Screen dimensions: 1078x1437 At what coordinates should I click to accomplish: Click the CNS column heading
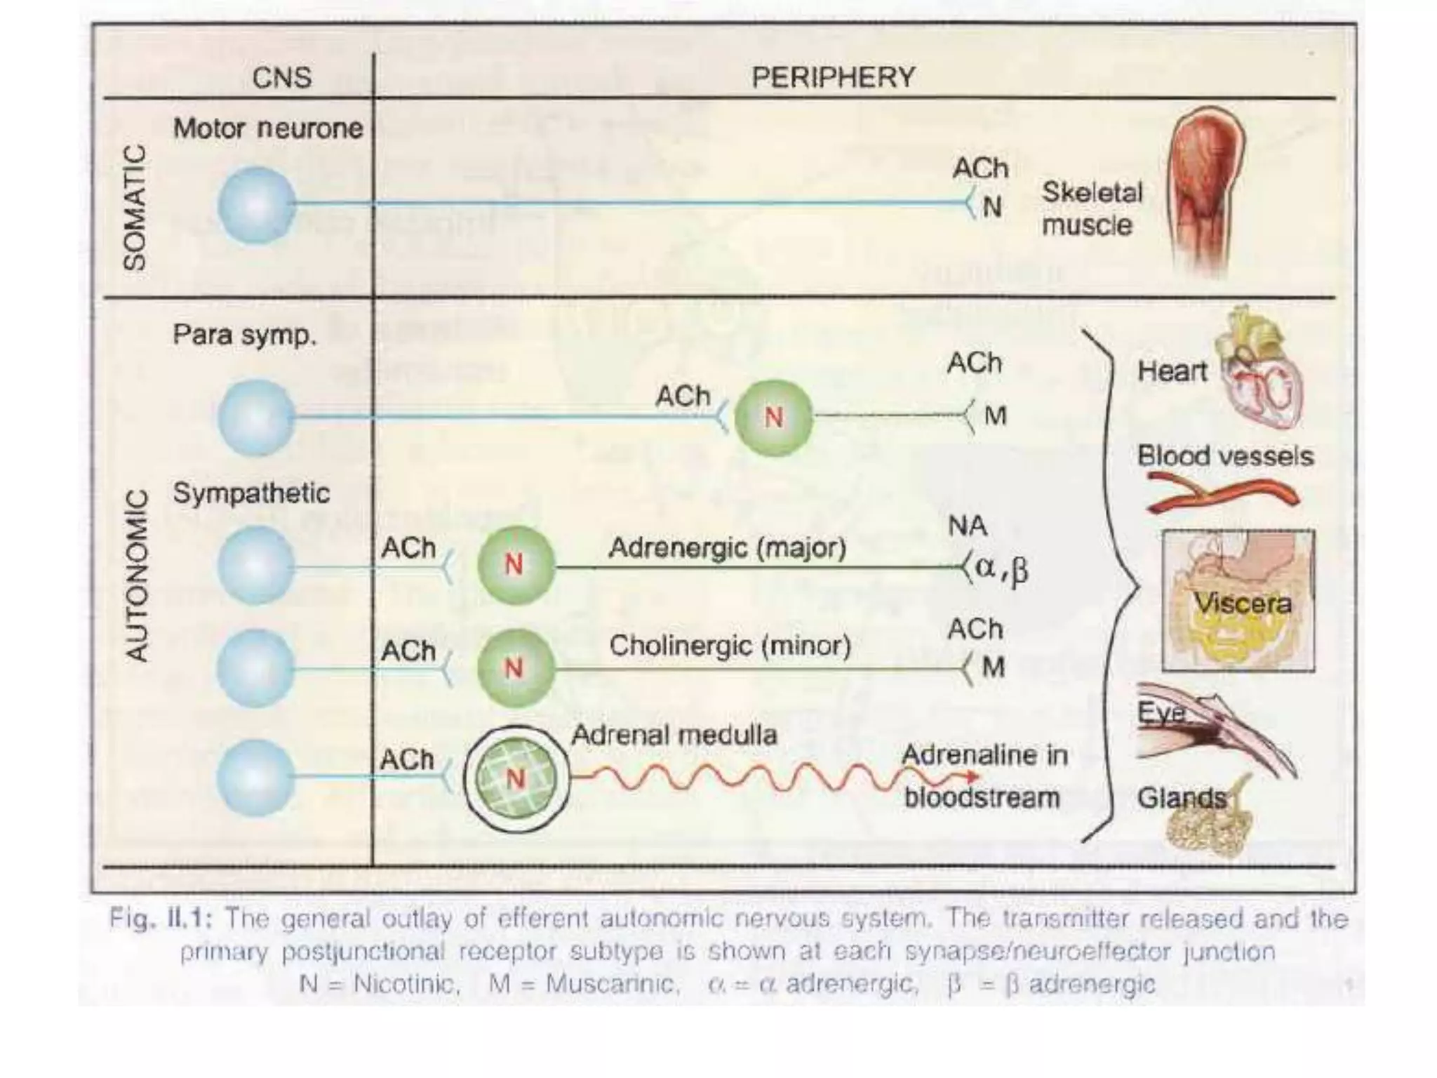pos(281,77)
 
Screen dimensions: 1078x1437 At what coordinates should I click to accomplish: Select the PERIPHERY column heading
pos(834,77)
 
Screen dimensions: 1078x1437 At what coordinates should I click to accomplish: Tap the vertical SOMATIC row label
pos(135,208)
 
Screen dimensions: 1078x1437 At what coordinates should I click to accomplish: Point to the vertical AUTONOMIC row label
pos(138,575)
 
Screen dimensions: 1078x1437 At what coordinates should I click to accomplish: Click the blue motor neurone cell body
pos(256,206)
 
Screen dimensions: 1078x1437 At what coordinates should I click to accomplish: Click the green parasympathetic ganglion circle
pos(773,418)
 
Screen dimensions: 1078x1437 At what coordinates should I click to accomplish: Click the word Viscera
pos(1242,604)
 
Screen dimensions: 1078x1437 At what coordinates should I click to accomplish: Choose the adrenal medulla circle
pos(516,778)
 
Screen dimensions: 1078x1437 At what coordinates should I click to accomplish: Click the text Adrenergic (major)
pos(727,548)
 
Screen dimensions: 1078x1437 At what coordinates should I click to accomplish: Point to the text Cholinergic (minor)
pos(730,646)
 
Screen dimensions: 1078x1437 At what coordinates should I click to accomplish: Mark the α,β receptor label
pos(1001,568)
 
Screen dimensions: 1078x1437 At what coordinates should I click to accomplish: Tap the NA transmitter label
pos(968,526)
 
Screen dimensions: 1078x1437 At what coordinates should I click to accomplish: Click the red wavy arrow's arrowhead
pos(972,777)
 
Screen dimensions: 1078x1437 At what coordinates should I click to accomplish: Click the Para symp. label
pos(244,335)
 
